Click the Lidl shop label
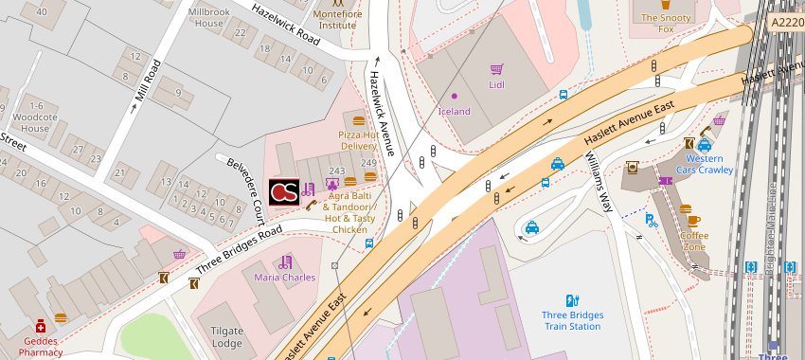[x=495, y=85]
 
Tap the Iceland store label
[x=454, y=112]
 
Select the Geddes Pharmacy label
[x=41, y=346]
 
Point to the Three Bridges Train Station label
[x=572, y=320]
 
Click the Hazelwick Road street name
[x=286, y=24]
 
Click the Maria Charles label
[x=284, y=278]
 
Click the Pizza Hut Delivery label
[x=358, y=140]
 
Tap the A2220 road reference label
[x=786, y=22]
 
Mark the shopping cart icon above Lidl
[x=495, y=69]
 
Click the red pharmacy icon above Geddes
[x=41, y=326]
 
